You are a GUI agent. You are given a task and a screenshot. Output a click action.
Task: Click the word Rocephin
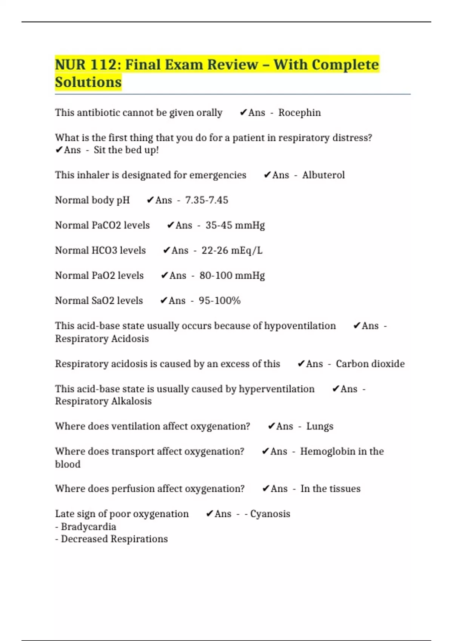coord(299,113)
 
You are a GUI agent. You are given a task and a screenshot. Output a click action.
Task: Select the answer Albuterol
coord(323,175)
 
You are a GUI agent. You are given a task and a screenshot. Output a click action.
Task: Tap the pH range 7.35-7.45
coord(206,200)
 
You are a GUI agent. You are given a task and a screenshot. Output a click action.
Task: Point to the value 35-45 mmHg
coord(235,225)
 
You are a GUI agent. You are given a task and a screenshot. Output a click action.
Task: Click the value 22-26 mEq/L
coord(232,250)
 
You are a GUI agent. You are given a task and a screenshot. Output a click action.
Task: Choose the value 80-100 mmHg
coord(232,276)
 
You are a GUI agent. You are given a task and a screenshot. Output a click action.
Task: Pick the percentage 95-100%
coord(219,301)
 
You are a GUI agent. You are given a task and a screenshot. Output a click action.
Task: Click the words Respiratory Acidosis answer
coord(102,339)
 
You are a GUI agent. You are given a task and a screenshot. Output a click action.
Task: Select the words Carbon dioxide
coord(370,364)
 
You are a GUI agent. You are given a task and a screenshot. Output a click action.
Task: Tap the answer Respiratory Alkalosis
coord(103,401)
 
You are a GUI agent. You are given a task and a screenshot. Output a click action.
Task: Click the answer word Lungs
coord(320,426)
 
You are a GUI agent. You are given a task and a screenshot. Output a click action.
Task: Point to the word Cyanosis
coord(270,514)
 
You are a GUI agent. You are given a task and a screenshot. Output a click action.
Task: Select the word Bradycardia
coord(88,527)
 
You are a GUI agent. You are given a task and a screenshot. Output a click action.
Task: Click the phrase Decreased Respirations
coord(114,539)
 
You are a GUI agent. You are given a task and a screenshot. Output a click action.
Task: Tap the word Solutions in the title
coord(88,82)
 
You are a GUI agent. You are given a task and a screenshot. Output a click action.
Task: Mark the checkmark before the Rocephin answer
coord(243,112)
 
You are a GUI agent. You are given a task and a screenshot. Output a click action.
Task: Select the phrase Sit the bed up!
coord(126,150)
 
